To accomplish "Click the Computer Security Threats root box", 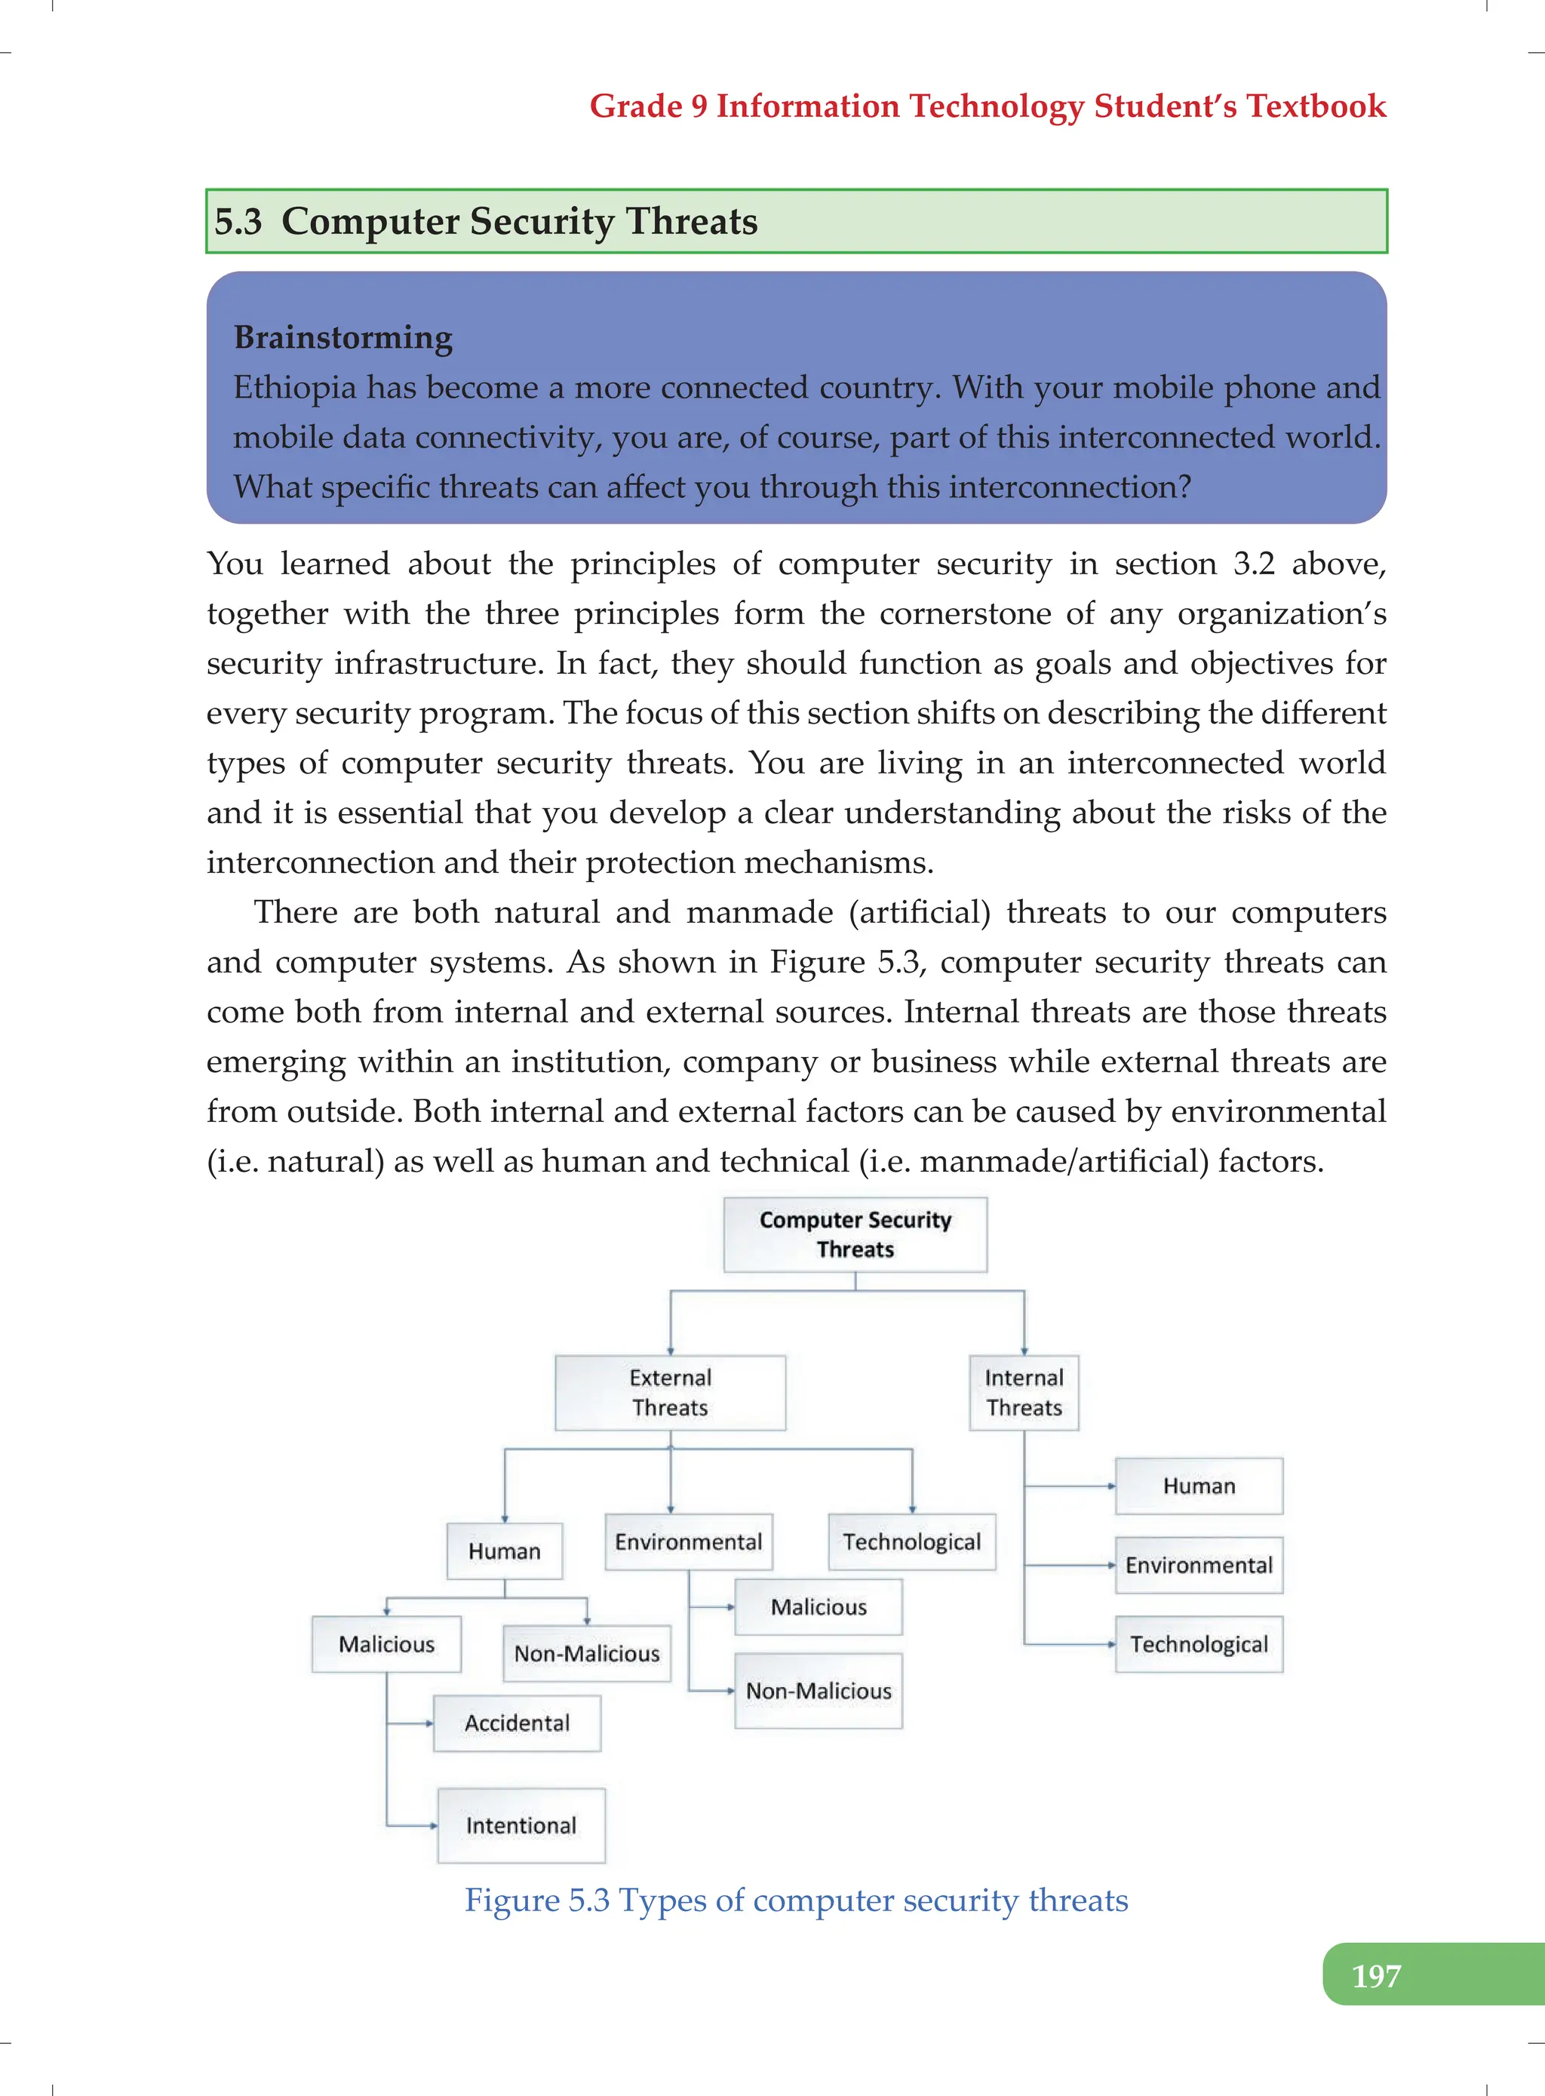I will tap(855, 1234).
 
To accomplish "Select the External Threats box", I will tap(670, 1392).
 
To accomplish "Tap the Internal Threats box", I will tap(1023, 1392).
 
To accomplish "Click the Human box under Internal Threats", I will tap(1198, 1486).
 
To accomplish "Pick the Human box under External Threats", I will tap(504, 1550).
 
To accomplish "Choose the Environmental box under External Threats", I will tap(688, 1541).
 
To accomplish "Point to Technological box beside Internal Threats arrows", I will tap(1198, 1644).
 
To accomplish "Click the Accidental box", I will tap(516, 1723).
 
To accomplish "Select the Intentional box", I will tap(521, 1825).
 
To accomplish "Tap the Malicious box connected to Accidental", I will tap(386, 1644).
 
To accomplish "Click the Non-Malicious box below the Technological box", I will tap(819, 1690).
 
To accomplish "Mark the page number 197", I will tap(1376, 1976).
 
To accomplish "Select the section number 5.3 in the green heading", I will tap(238, 222).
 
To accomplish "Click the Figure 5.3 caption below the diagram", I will tap(796, 1900).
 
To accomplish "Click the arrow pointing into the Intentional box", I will tap(432, 1825).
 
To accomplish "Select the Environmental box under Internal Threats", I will tap(1198, 1565).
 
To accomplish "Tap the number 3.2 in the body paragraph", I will tap(1253, 564).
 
